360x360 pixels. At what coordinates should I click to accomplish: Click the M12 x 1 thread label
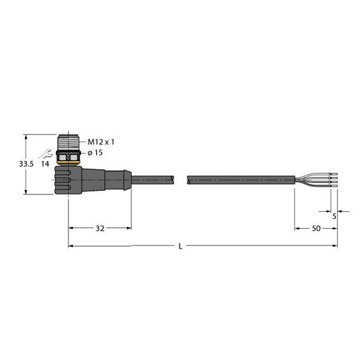(101, 142)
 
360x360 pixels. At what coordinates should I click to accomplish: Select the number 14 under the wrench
(46, 163)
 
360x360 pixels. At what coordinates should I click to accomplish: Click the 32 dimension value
(100, 229)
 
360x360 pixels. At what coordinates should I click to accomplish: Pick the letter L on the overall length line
(181, 247)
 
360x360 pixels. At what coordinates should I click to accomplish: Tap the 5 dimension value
(334, 217)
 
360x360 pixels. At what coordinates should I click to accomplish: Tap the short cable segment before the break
(152, 179)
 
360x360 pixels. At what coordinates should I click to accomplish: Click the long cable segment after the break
(240, 179)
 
